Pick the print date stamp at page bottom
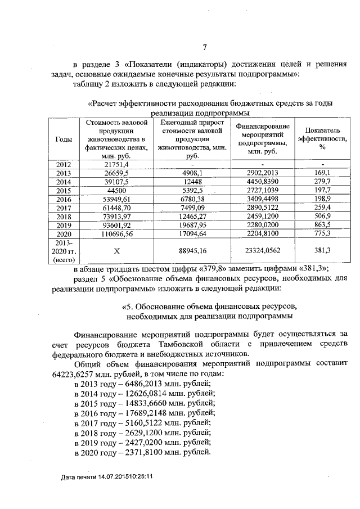[107, 477]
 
